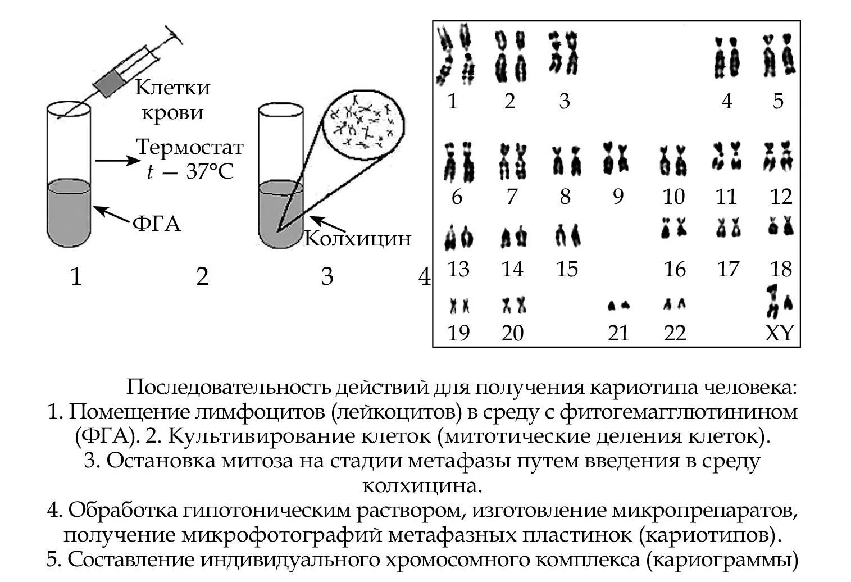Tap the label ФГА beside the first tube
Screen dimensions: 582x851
(x=157, y=224)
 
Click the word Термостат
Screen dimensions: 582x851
(x=190, y=147)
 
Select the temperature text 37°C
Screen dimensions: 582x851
(x=209, y=171)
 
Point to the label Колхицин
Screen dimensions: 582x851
(x=358, y=239)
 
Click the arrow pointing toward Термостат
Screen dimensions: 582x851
(x=115, y=161)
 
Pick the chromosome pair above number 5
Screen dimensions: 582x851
(x=778, y=56)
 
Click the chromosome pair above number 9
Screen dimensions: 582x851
(x=615, y=158)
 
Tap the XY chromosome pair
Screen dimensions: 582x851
(x=780, y=301)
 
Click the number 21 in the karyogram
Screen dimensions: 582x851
(x=618, y=333)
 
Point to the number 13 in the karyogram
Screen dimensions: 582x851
(x=458, y=269)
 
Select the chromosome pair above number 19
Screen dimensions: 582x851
(x=459, y=306)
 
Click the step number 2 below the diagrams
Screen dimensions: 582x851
(x=202, y=276)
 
